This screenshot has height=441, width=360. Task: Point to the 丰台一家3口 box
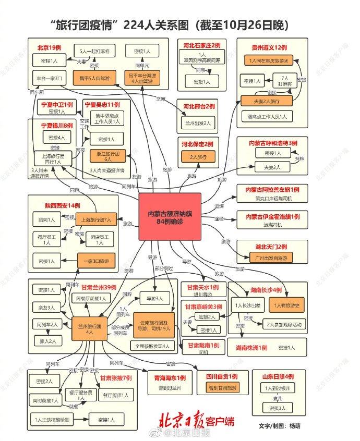(x=50, y=79)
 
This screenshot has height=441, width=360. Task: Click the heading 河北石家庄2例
(x=201, y=45)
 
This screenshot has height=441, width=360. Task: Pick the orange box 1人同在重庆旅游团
(x=270, y=61)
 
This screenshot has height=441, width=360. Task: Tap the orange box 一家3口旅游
(x=97, y=260)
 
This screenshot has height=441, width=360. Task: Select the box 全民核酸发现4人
(x=153, y=346)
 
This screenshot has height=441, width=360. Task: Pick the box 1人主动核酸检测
(x=52, y=419)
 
